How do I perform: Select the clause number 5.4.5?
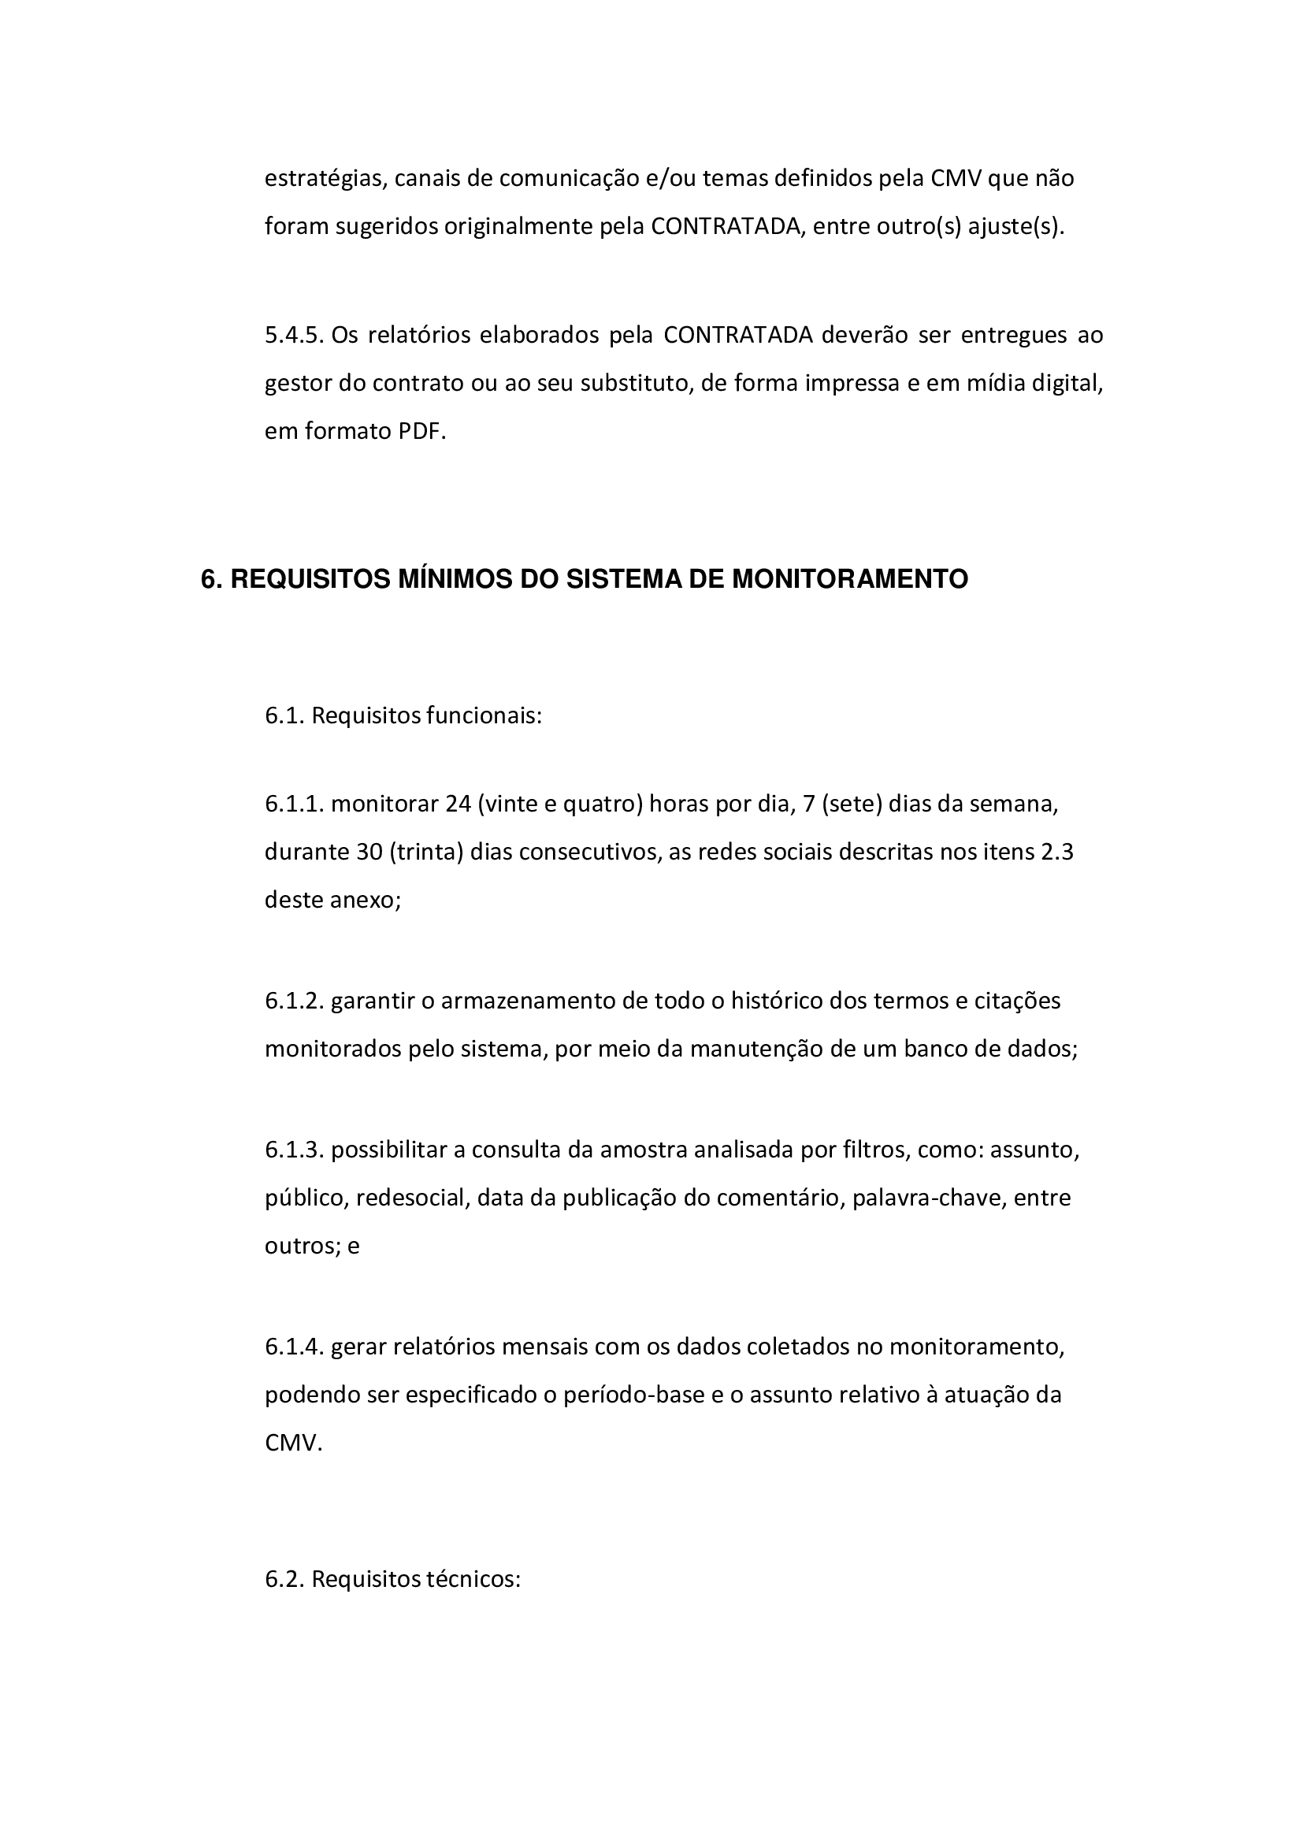[x=294, y=335]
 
